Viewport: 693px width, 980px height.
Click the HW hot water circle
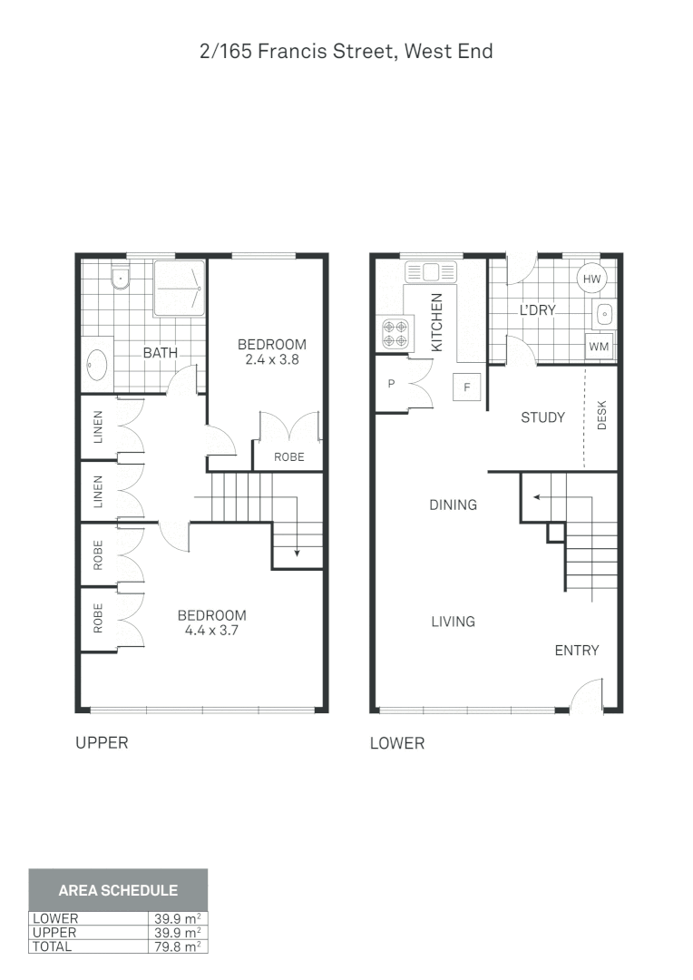tap(591, 279)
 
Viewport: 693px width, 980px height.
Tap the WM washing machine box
tap(599, 346)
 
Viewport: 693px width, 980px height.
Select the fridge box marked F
tap(467, 387)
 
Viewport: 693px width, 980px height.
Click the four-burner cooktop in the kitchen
tap(395, 334)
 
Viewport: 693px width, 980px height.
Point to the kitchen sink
tap(433, 270)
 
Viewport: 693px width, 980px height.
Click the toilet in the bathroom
tap(121, 279)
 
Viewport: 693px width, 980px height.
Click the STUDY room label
tap(542, 417)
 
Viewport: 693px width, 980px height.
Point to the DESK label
tap(602, 416)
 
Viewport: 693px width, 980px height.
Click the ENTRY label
tap(577, 650)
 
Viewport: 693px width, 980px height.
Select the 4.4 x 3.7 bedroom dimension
tap(211, 631)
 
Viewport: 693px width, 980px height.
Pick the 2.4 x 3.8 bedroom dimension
tap(272, 359)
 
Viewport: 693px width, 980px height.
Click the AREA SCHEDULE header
tap(118, 890)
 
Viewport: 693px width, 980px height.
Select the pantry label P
tap(392, 384)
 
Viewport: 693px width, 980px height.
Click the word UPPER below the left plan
tap(102, 743)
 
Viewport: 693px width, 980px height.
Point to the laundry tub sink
tap(605, 314)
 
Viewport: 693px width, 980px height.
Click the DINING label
tap(453, 505)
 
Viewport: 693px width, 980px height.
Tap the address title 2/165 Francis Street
tap(346, 51)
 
